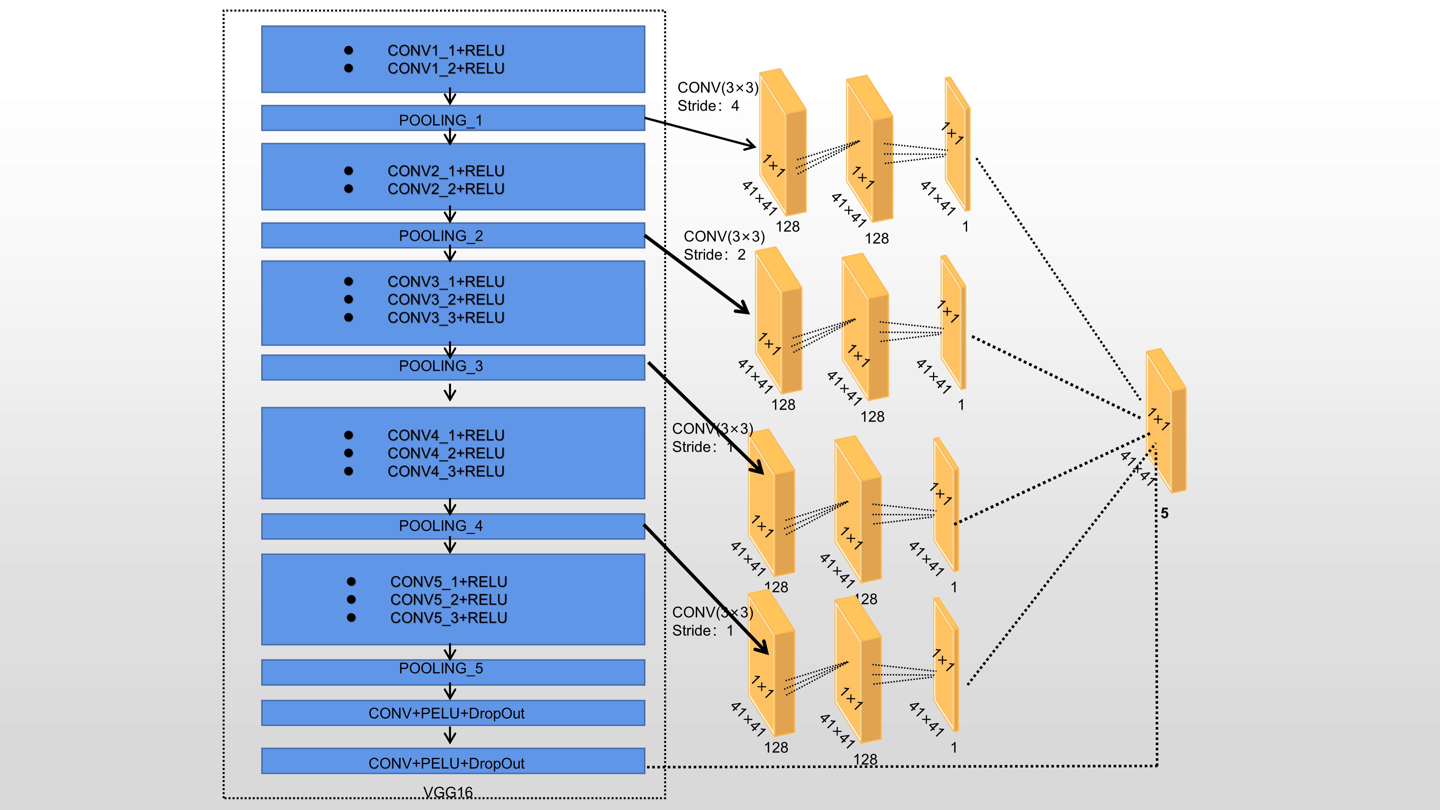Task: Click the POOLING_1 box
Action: click(453, 118)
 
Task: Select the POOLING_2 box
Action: click(453, 235)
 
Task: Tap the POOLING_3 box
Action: click(453, 367)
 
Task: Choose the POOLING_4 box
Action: click(453, 526)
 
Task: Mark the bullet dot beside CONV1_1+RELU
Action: click(348, 50)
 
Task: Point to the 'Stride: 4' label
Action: click(708, 106)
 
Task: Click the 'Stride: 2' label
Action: click(715, 255)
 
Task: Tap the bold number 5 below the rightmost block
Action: click(1164, 513)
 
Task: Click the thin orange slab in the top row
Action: click(957, 145)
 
